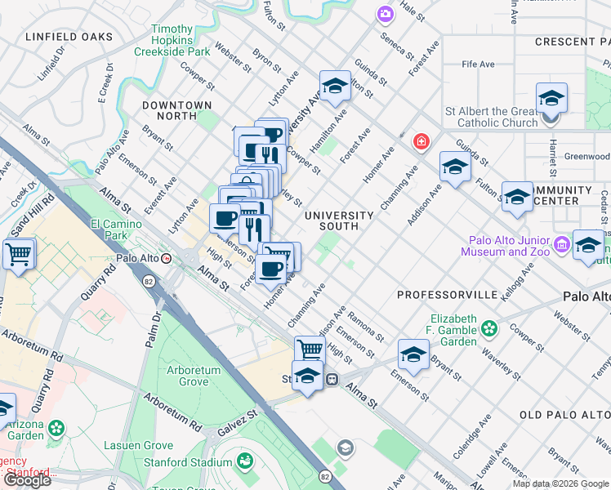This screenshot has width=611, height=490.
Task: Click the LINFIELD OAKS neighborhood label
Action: coord(69,37)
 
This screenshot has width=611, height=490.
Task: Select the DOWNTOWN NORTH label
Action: coord(176,111)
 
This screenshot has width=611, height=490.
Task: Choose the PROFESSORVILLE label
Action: coord(447,294)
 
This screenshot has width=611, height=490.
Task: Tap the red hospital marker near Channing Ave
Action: coord(421,141)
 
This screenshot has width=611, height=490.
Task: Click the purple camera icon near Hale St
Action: coord(385,14)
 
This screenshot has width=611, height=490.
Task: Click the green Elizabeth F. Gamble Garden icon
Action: coord(489,328)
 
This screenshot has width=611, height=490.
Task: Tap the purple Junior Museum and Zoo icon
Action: coord(561,244)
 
